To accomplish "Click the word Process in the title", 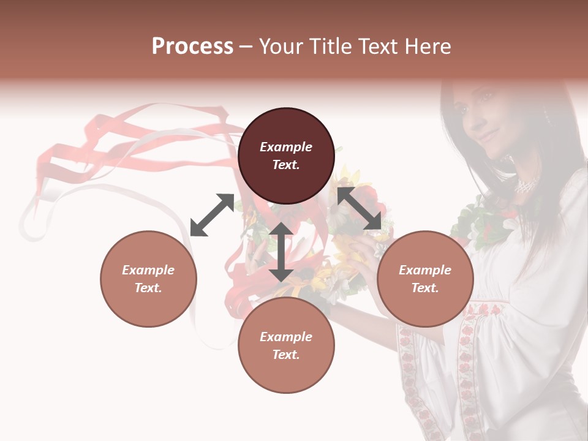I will (192, 46).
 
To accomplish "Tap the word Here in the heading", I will (427, 46).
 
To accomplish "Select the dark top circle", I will (286, 156).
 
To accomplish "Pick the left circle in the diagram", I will (148, 279).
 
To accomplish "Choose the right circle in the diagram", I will (425, 279).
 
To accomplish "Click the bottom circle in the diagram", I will (286, 345).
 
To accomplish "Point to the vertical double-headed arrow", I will (281, 252).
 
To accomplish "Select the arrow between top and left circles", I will (213, 214).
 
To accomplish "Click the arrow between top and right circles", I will (360, 208).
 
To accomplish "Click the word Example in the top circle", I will (286, 147).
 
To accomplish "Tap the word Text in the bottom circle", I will (286, 355).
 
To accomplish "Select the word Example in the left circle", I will (148, 270).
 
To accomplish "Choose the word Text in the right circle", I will (425, 288).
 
